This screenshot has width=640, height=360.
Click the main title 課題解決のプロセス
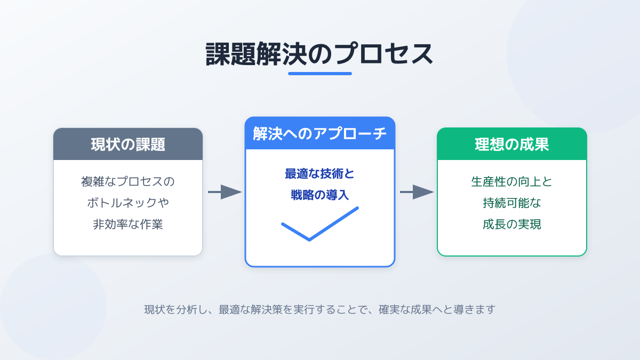(x=319, y=54)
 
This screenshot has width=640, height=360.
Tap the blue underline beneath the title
(x=320, y=74)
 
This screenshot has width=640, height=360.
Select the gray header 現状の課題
(x=128, y=144)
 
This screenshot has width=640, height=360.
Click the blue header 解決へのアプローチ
(x=320, y=134)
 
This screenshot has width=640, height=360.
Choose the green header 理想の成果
(x=512, y=144)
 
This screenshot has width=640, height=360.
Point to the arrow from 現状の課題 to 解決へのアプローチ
(x=224, y=192)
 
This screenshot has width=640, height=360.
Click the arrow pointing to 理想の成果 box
(x=416, y=192)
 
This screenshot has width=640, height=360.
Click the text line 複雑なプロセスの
(x=128, y=181)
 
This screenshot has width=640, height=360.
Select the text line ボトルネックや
(x=128, y=203)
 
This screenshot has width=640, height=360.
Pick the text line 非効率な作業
(x=128, y=224)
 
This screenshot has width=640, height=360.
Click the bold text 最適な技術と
(x=320, y=174)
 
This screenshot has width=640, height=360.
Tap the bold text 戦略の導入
(x=320, y=195)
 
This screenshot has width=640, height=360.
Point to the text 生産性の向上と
(x=512, y=181)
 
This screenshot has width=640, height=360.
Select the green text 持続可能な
(x=512, y=203)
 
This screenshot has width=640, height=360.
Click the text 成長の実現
(x=512, y=224)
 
